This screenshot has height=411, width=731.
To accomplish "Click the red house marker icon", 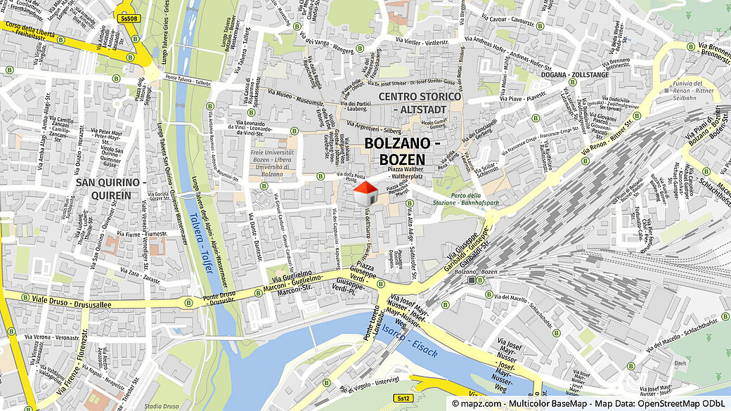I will point(364,193).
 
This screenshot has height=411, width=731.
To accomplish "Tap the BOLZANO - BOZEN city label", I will point(402,151).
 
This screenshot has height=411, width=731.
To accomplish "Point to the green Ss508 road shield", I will point(127,19).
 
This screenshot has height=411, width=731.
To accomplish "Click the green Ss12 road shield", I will point(403,398).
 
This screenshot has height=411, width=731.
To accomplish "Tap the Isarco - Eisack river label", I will point(408,339).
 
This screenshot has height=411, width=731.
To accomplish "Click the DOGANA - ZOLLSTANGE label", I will point(575,74).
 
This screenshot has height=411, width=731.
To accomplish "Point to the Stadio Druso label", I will point(162,405).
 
